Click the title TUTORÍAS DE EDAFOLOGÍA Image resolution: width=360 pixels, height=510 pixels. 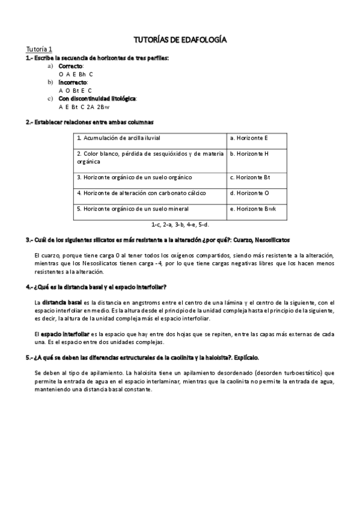click(180, 40)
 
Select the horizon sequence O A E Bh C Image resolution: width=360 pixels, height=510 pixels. click(76, 73)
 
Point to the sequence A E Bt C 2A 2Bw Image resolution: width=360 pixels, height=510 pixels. click(84, 106)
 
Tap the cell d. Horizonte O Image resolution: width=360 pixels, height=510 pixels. click(249, 193)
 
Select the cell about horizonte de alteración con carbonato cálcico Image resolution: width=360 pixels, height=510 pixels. click(141, 193)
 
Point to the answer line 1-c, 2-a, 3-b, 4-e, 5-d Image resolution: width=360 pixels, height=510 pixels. click(180, 224)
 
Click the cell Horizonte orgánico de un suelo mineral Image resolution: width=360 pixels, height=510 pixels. click(133, 209)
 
